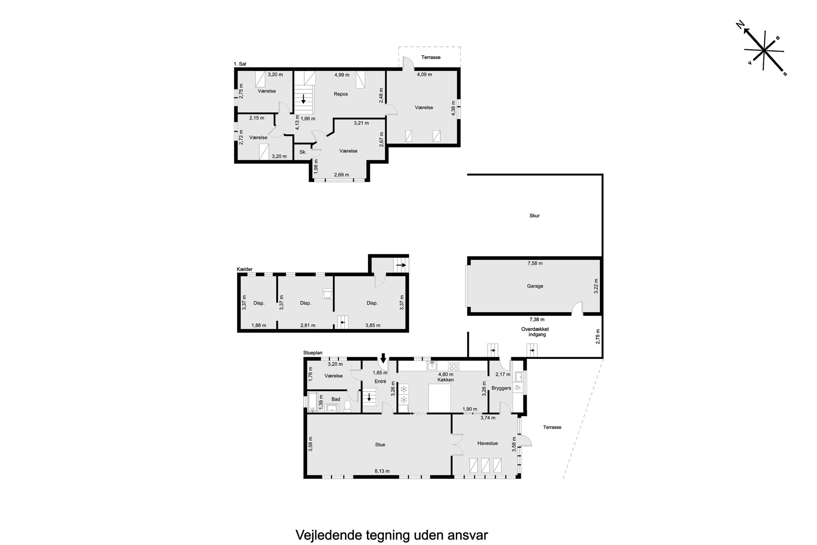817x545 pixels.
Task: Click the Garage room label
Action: [x=535, y=286]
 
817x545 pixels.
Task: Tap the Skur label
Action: [x=535, y=215]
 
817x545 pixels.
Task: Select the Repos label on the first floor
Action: [x=341, y=94]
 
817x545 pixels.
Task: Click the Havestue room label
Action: [x=488, y=443]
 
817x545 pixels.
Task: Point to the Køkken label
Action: [x=446, y=380]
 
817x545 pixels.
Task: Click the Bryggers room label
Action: [x=501, y=388]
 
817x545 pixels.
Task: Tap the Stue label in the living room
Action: [x=380, y=444]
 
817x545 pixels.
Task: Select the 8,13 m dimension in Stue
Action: [x=382, y=471]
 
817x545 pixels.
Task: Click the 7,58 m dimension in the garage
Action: [x=535, y=263]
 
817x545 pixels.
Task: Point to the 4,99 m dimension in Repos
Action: [x=342, y=75]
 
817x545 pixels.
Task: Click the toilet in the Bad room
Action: [x=347, y=406]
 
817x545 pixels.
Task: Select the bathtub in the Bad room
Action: [x=313, y=402]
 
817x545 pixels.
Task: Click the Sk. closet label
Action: [x=303, y=152]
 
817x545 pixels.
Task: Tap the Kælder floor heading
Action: [x=245, y=269]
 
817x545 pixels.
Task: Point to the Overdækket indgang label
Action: [x=535, y=332]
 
